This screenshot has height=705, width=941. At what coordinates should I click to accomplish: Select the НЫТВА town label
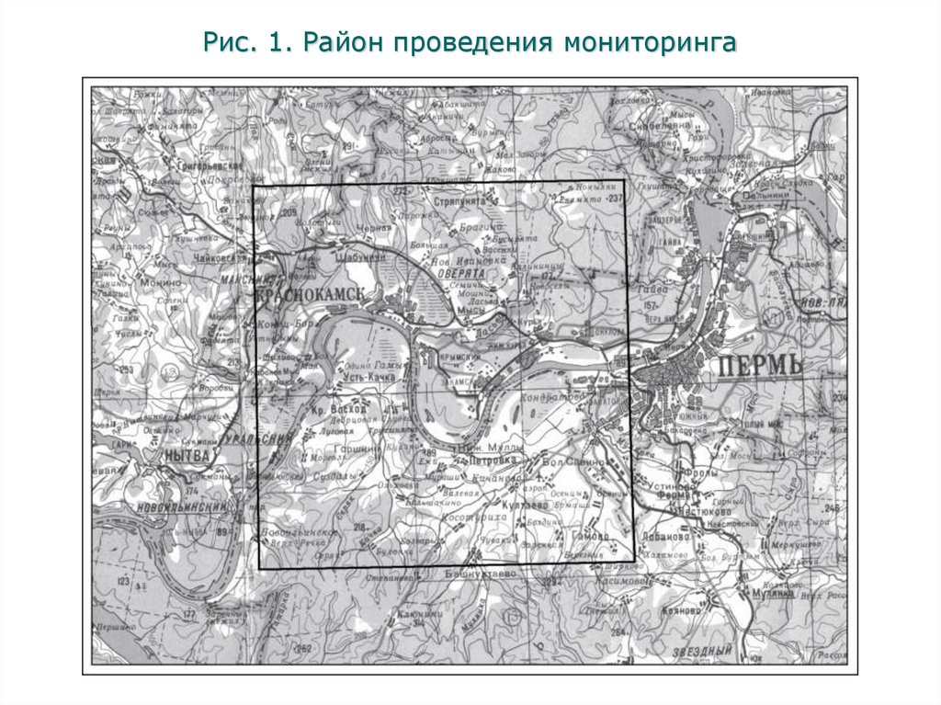186,454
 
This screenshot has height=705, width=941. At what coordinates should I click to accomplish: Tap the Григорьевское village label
204,165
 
